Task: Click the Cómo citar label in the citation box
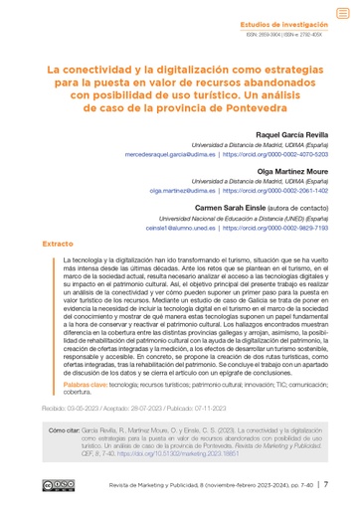(x=65, y=431)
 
